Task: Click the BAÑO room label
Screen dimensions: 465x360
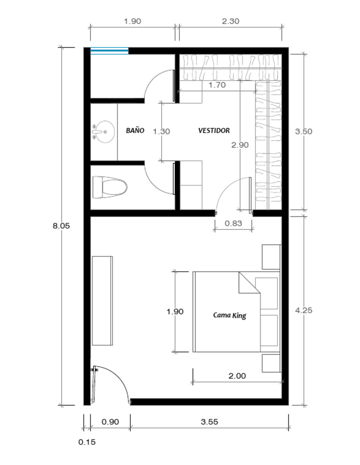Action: tap(135, 131)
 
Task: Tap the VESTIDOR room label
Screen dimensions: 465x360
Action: tap(214, 131)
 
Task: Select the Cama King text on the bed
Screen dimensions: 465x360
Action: tap(229, 315)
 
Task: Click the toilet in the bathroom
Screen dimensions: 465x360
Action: tap(110, 187)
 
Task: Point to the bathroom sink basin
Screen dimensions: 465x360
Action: tap(104, 132)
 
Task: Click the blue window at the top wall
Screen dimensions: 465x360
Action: tap(109, 51)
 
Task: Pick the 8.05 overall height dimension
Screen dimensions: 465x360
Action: tap(61, 225)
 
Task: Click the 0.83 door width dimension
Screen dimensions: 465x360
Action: tap(233, 223)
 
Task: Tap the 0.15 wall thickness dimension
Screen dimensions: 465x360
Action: tap(87, 442)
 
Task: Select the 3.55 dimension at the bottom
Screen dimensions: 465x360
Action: tap(209, 422)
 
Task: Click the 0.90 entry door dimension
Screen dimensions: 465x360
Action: tap(110, 422)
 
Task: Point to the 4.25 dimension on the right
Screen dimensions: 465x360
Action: tap(303, 310)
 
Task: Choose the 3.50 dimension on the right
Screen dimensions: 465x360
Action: tap(303, 132)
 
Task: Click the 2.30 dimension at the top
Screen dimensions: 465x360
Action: tap(231, 21)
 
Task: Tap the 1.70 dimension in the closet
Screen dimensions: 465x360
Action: tap(217, 85)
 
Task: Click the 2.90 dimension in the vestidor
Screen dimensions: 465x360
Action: tap(240, 145)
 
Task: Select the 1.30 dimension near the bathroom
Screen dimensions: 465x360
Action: tap(161, 132)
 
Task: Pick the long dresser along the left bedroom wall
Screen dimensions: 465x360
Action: tap(102, 301)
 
